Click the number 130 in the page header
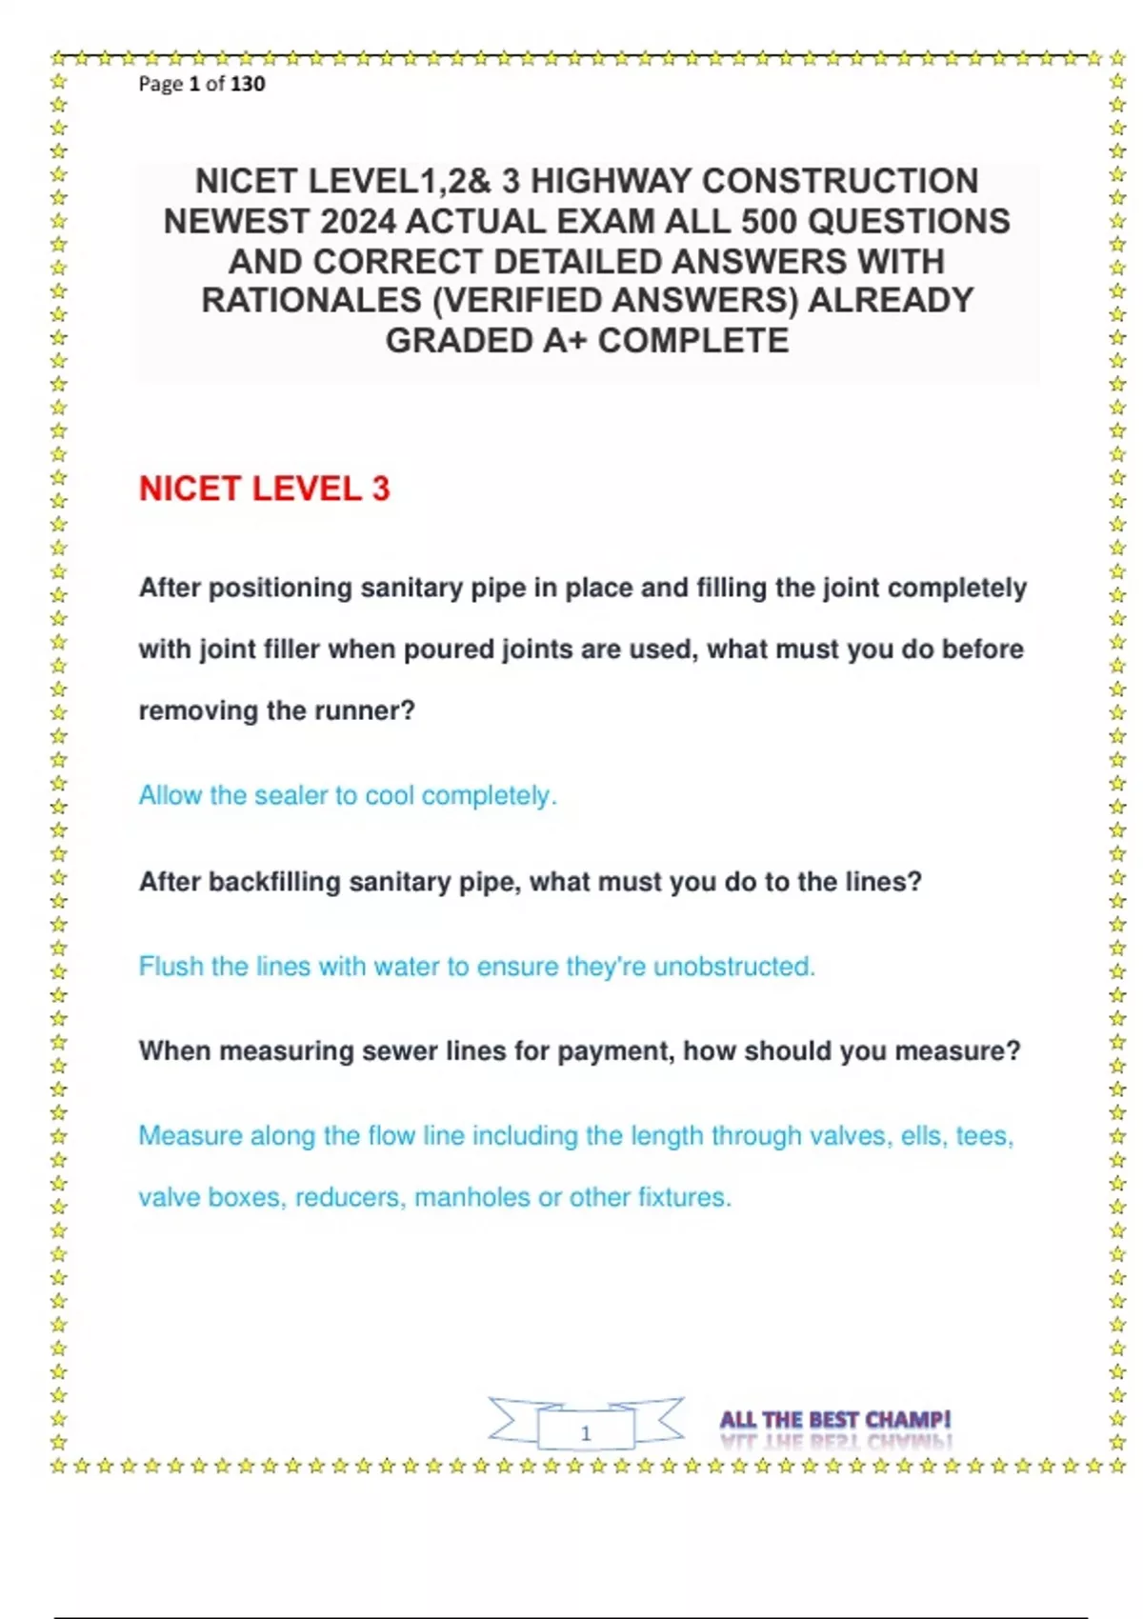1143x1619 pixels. point(248,84)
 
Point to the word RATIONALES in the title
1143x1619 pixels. point(311,301)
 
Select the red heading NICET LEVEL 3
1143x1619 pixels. point(265,489)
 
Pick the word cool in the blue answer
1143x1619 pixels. point(390,796)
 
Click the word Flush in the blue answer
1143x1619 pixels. point(170,967)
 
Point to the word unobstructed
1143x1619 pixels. point(733,967)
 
